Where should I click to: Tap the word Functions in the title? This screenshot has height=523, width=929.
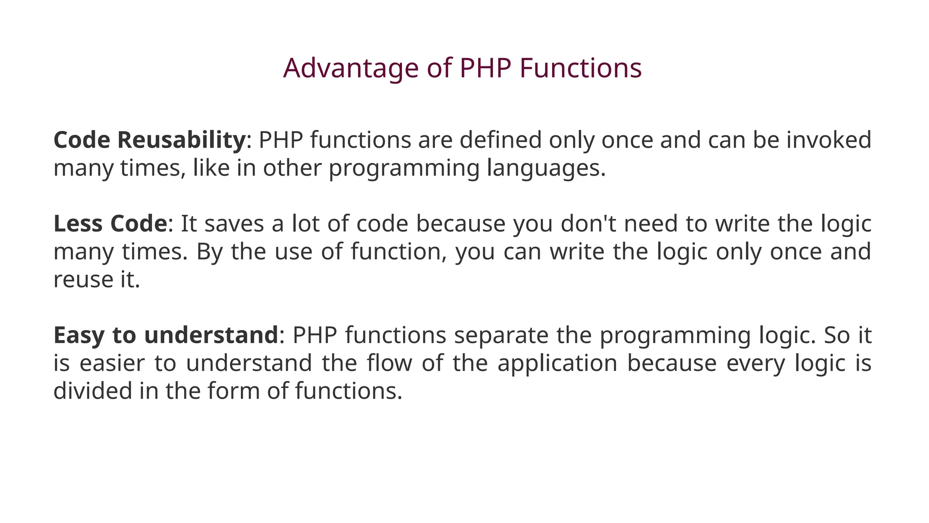pos(580,69)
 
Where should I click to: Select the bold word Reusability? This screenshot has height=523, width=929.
pos(181,140)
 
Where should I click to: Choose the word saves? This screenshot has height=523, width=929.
pos(234,224)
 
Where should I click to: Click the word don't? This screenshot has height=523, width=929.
pos(588,224)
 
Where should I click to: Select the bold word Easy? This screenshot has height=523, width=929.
pos(79,336)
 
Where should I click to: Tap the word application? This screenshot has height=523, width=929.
pos(557,364)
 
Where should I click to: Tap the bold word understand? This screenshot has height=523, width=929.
pos(210,336)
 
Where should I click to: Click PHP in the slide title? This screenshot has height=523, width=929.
pos(485,69)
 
